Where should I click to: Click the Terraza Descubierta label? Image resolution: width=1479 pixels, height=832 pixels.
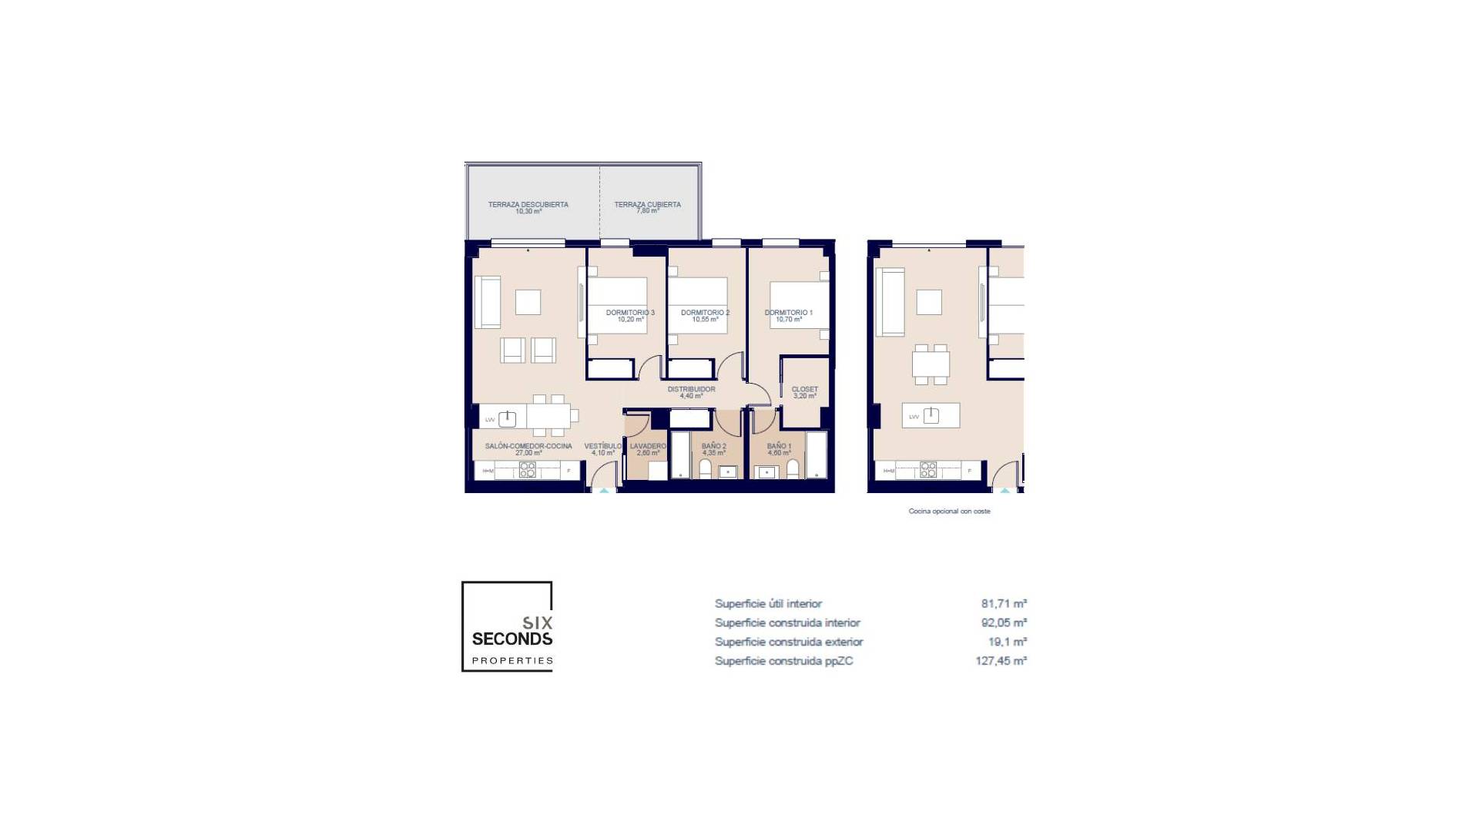point(528,205)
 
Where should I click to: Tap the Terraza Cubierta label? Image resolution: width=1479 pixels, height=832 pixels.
point(647,205)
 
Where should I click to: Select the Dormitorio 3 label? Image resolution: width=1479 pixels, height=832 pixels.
point(630,313)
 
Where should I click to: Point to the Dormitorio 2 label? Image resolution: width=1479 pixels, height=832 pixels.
point(705,313)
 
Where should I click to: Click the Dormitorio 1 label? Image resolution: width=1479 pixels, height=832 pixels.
point(788,313)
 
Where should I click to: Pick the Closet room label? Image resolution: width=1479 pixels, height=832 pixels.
point(804,390)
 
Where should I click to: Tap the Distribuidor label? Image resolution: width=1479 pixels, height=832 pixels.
point(691,390)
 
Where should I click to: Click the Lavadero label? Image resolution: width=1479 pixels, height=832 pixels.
point(647,446)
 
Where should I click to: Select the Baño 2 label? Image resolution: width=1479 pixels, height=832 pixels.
point(713,446)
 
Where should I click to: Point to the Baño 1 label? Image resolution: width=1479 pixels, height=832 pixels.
point(779,446)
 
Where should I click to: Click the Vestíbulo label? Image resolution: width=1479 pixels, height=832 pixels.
point(602,446)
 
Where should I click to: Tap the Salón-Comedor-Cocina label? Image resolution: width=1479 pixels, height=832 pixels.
point(528,446)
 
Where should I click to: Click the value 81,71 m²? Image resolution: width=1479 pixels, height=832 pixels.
point(1003,604)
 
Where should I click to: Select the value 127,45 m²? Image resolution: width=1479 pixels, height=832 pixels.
point(1001,661)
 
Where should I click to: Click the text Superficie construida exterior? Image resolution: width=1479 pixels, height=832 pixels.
point(789,642)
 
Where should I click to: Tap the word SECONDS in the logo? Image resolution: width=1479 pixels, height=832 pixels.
point(511,639)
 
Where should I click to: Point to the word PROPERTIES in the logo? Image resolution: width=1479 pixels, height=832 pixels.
point(512,660)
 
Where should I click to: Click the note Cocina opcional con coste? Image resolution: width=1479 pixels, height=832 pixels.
point(949,512)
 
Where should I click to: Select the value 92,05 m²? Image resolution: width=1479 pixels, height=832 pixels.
point(1003,622)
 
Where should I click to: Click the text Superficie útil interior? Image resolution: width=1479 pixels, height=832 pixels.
point(768,604)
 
